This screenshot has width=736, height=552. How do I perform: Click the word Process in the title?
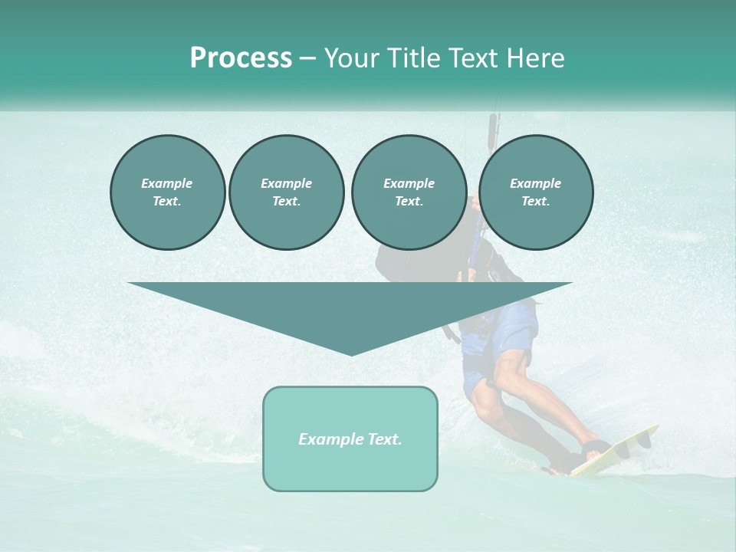pos(241,58)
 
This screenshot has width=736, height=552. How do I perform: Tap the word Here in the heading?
pos(535,58)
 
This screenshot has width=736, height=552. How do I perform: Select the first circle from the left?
pos(167,192)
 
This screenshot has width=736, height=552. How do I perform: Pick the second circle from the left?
pos(286,192)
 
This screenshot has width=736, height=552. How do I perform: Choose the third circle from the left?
pos(409,192)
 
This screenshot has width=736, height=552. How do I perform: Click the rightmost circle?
pos(536,192)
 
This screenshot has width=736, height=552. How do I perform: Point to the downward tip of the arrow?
pos(351,354)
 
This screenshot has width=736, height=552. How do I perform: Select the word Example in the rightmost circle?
pos(535,183)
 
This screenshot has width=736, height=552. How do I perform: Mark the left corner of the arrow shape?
pos(130,284)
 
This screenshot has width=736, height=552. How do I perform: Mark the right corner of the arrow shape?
pos(571,284)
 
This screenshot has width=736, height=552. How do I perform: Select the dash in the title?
pos(308,58)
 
